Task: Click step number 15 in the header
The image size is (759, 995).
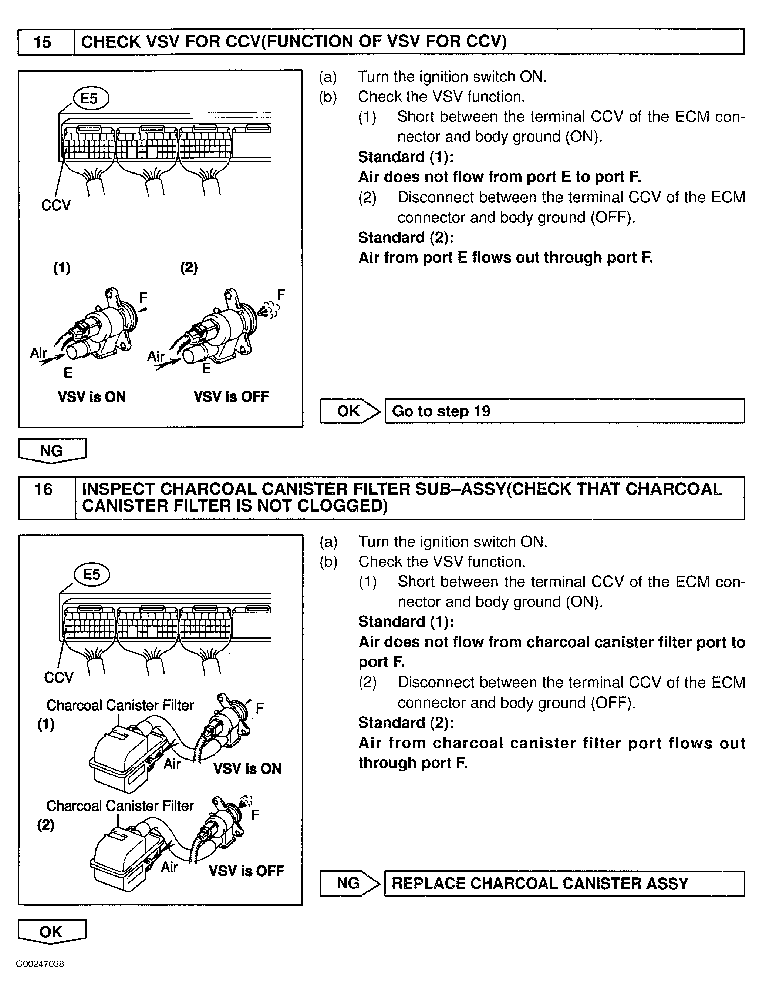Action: [43, 42]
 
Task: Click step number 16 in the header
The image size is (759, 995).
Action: [43, 490]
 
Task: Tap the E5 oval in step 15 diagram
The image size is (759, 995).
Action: [90, 98]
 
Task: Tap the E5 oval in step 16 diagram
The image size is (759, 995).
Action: [92, 574]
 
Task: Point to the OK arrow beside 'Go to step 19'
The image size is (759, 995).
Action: [349, 411]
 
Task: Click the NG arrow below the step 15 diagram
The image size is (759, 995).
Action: [51, 451]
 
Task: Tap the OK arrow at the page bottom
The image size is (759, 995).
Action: [51, 932]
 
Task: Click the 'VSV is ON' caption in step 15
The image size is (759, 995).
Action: [92, 397]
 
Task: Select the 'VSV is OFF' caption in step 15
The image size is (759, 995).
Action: [231, 397]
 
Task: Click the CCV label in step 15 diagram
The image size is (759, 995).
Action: [56, 205]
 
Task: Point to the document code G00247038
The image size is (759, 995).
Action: [40, 964]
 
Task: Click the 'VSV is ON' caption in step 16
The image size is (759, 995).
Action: [247, 768]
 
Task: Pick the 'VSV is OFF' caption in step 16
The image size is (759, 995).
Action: [246, 871]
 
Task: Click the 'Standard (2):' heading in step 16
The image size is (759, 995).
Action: [406, 723]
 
